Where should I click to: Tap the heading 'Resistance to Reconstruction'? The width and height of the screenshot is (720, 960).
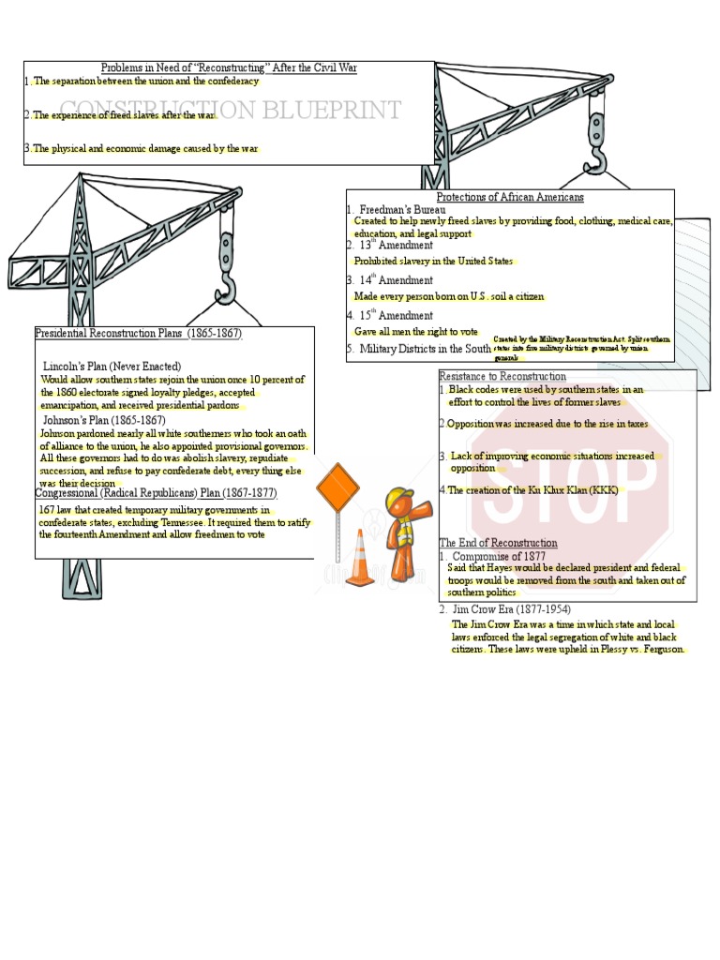pos(502,376)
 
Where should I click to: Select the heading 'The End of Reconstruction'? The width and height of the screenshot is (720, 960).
pos(498,543)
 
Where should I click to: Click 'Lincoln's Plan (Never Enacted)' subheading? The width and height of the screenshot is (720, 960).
pos(112,366)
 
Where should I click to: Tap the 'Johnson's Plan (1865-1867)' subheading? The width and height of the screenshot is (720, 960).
pos(104,420)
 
